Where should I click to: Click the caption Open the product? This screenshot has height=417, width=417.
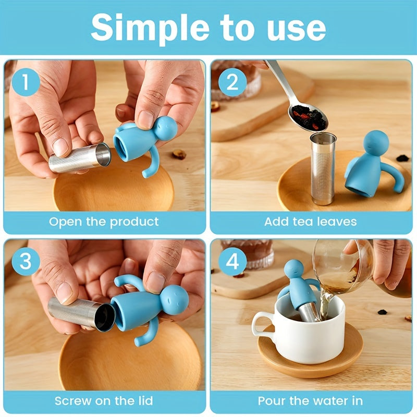tap(104, 222)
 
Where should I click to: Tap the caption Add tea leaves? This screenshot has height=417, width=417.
tap(310, 222)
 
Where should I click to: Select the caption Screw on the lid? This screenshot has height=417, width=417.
tap(104, 401)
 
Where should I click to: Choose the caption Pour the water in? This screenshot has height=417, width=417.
tap(310, 401)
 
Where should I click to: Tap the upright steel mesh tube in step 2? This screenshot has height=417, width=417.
tap(323, 169)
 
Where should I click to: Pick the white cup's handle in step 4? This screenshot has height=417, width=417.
tap(260, 326)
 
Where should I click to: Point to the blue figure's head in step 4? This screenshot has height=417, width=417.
tap(293, 269)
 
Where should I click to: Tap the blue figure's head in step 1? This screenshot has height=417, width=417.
tap(165, 128)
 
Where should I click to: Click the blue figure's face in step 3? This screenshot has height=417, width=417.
tap(175, 299)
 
